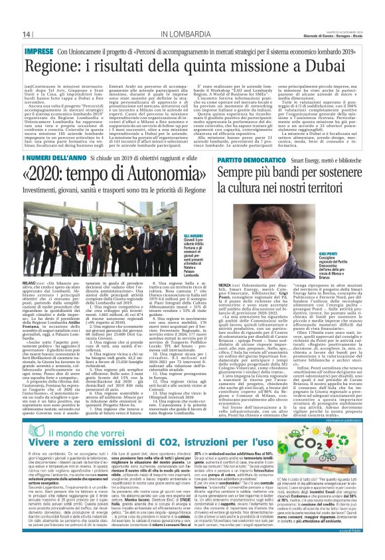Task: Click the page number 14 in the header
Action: pyautogui.click(x=27, y=34)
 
